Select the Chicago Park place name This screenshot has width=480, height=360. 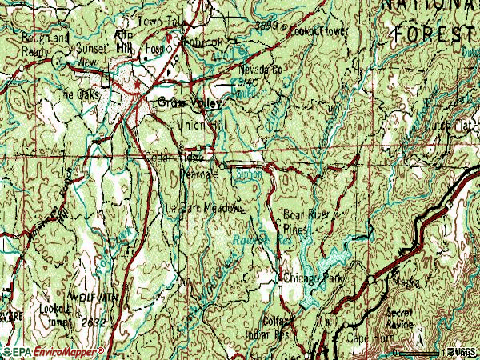point(313,278)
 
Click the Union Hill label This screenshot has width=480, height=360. point(201,126)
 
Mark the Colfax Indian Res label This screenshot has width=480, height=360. point(270,327)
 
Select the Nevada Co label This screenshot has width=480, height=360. point(261,70)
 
